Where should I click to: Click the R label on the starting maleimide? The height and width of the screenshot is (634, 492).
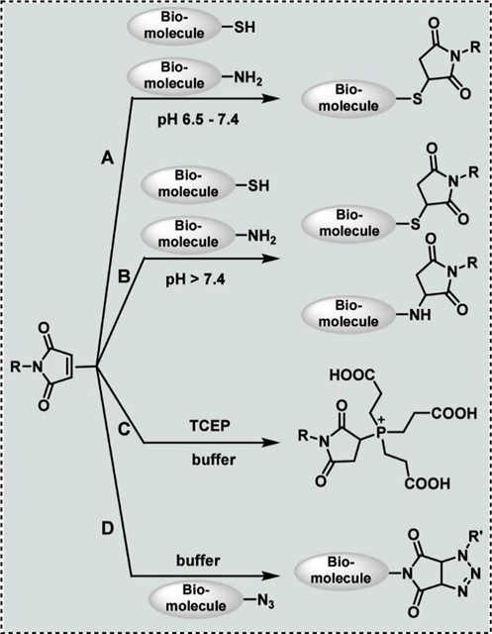click(13, 367)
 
